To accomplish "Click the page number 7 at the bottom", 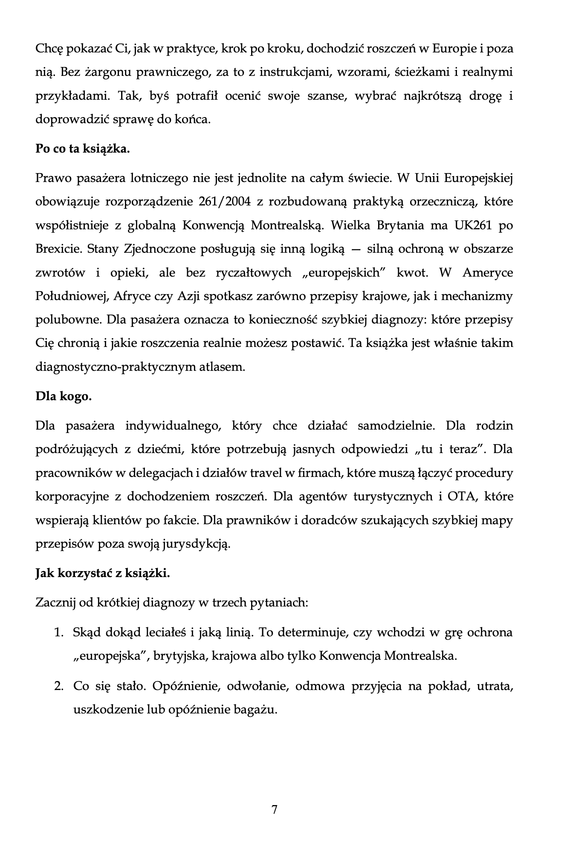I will [x=274, y=809].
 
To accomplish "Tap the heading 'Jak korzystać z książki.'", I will [x=103, y=573].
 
